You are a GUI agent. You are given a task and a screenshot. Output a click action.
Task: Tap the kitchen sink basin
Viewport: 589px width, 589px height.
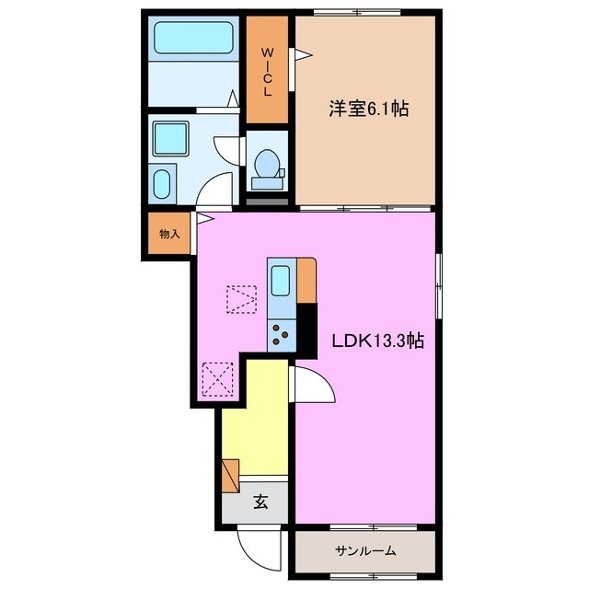[282, 278]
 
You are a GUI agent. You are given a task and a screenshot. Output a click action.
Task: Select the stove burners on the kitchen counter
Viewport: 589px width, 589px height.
[282, 332]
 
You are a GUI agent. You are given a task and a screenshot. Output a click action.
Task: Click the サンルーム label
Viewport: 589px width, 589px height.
[364, 550]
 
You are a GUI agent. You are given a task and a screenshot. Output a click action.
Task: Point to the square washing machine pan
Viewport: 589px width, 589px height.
[172, 138]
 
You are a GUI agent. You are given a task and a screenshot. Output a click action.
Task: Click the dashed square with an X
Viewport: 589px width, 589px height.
[218, 378]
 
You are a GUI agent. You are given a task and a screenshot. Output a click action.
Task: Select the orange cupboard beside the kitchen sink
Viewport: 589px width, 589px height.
[306, 279]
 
